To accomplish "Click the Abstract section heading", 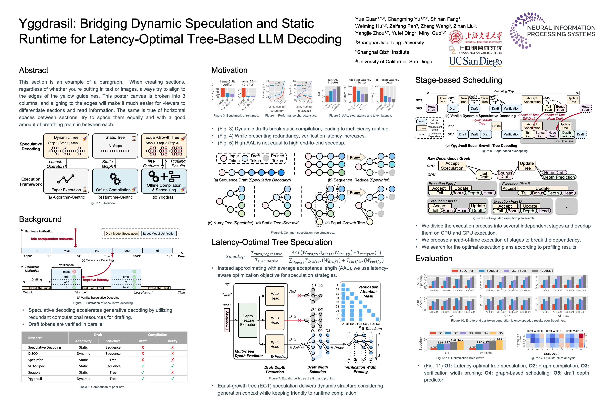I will pos(34,70).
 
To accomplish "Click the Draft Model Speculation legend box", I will pos(121,234).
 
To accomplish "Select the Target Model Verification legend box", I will pos(159,234).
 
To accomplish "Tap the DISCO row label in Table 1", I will pos(33,354).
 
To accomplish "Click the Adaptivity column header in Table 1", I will pos(83,341).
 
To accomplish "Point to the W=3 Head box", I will pos(275,320).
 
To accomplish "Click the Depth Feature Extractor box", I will pos(248,320).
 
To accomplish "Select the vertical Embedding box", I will pos(227,320).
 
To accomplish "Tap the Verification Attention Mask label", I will pos(368,291).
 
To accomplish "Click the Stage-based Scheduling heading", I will pos(459,80).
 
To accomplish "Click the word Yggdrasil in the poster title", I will pos(47,24).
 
